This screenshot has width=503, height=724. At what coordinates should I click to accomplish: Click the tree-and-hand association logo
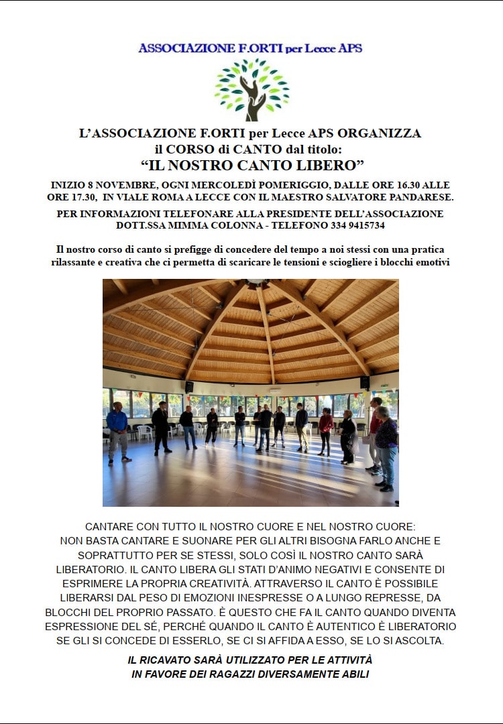[251, 89]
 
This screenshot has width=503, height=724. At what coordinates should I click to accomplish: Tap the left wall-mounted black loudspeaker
[189, 386]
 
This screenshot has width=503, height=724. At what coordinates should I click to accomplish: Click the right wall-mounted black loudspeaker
[365, 383]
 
